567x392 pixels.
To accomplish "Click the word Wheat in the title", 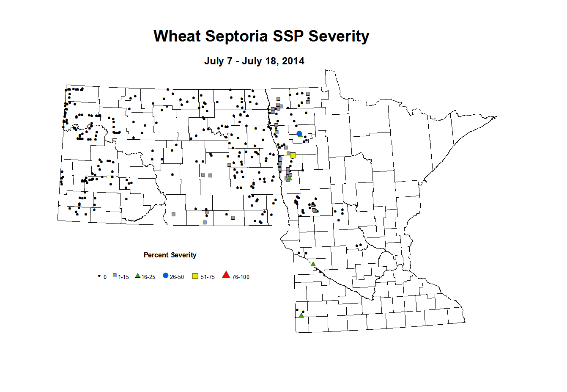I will click(x=177, y=36).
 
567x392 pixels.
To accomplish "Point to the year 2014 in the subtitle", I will click(x=293, y=61).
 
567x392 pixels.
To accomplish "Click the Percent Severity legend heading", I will click(x=170, y=255).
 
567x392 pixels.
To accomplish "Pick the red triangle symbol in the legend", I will click(x=226, y=275).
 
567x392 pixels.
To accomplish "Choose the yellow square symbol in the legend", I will click(x=195, y=276).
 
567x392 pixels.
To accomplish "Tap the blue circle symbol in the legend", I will click(x=166, y=276).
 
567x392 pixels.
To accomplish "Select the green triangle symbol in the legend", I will click(x=137, y=276).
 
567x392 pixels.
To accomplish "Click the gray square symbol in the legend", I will click(x=115, y=276).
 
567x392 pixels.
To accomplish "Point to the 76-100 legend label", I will click(x=241, y=277).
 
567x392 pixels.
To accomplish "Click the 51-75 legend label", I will click(x=208, y=277).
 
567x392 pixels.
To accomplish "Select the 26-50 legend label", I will click(x=177, y=277).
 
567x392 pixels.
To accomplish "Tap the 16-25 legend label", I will click(x=148, y=277).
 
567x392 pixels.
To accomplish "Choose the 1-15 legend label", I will click(x=123, y=277).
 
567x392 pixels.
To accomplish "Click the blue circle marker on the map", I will click(x=299, y=134).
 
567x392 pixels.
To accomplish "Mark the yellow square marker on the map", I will click(x=293, y=155).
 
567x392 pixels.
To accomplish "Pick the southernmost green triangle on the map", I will click(x=301, y=315).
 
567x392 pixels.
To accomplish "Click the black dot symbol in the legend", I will click(x=99, y=276).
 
